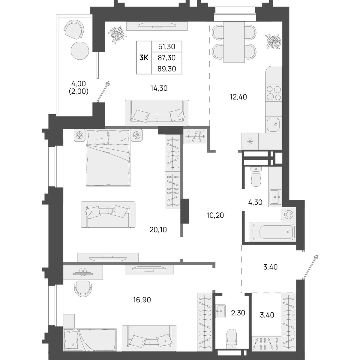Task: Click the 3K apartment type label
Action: [144, 58]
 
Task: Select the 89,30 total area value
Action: [166, 69]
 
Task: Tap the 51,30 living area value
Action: [166, 47]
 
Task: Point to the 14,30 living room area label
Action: [159, 88]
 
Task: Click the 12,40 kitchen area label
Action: [238, 97]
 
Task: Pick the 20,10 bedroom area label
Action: [158, 229]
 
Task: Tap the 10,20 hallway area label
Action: [215, 215]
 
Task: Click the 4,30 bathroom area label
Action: [255, 202]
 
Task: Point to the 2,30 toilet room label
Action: [238, 313]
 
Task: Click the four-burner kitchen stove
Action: [274, 93]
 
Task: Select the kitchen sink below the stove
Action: [273, 124]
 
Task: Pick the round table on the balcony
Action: [80, 50]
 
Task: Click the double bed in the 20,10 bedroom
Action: [108, 158]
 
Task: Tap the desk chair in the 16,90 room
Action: [83, 290]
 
